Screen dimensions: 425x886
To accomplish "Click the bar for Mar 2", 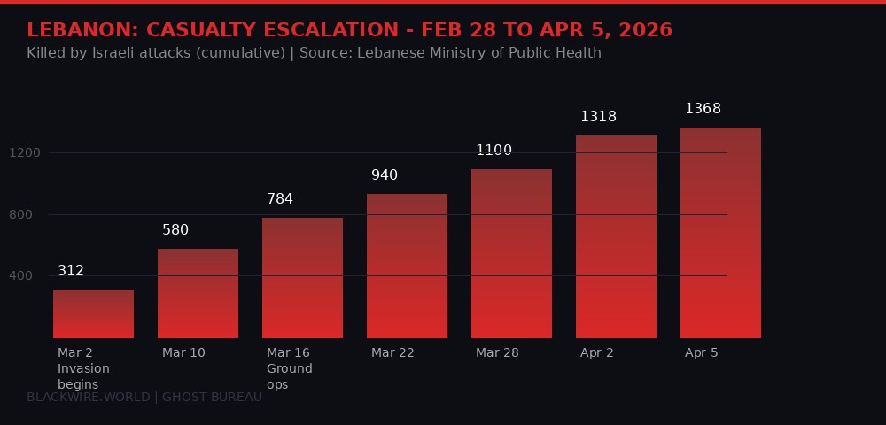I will (x=93, y=313).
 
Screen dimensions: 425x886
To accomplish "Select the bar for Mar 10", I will (x=198, y=293).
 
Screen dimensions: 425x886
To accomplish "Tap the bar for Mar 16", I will (x=302, y=277).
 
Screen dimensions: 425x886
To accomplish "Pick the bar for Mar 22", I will (x=407, y=266).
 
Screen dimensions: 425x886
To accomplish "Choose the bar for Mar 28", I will (x=511, y=253).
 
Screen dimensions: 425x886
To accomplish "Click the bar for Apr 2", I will (x=616, y=236).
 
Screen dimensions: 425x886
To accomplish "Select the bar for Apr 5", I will (x=720, y=233).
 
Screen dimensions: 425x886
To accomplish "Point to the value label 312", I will (x=71, y=271).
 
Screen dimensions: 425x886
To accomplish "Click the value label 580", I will (x=175, y=230).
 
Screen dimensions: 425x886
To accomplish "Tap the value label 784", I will (x=280, y=199).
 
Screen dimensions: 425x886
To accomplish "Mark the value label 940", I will (x=385, y=175).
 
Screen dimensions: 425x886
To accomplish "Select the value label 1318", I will (x=598, y=117).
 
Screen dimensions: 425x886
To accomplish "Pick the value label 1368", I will (x=703, y=109).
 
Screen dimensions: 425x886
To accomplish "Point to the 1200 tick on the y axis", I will (x=25, y=153).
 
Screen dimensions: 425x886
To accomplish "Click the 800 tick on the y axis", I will (x=28, y=214).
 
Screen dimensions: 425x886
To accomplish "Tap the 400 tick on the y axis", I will (x=28, y=276).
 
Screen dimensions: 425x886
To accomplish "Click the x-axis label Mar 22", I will (x=392, y=352).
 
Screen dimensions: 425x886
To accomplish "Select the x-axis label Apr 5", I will (x=702, y=352).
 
